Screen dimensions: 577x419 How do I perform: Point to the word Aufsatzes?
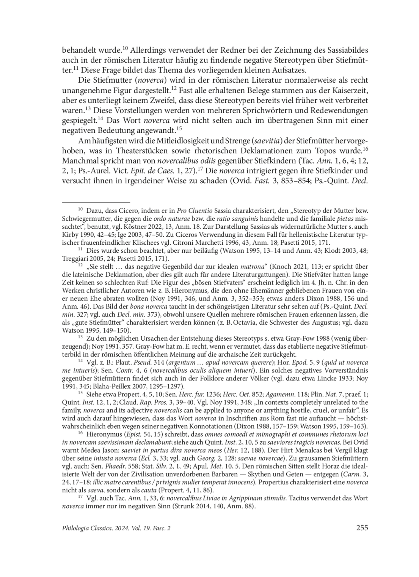tap(288, 70)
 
